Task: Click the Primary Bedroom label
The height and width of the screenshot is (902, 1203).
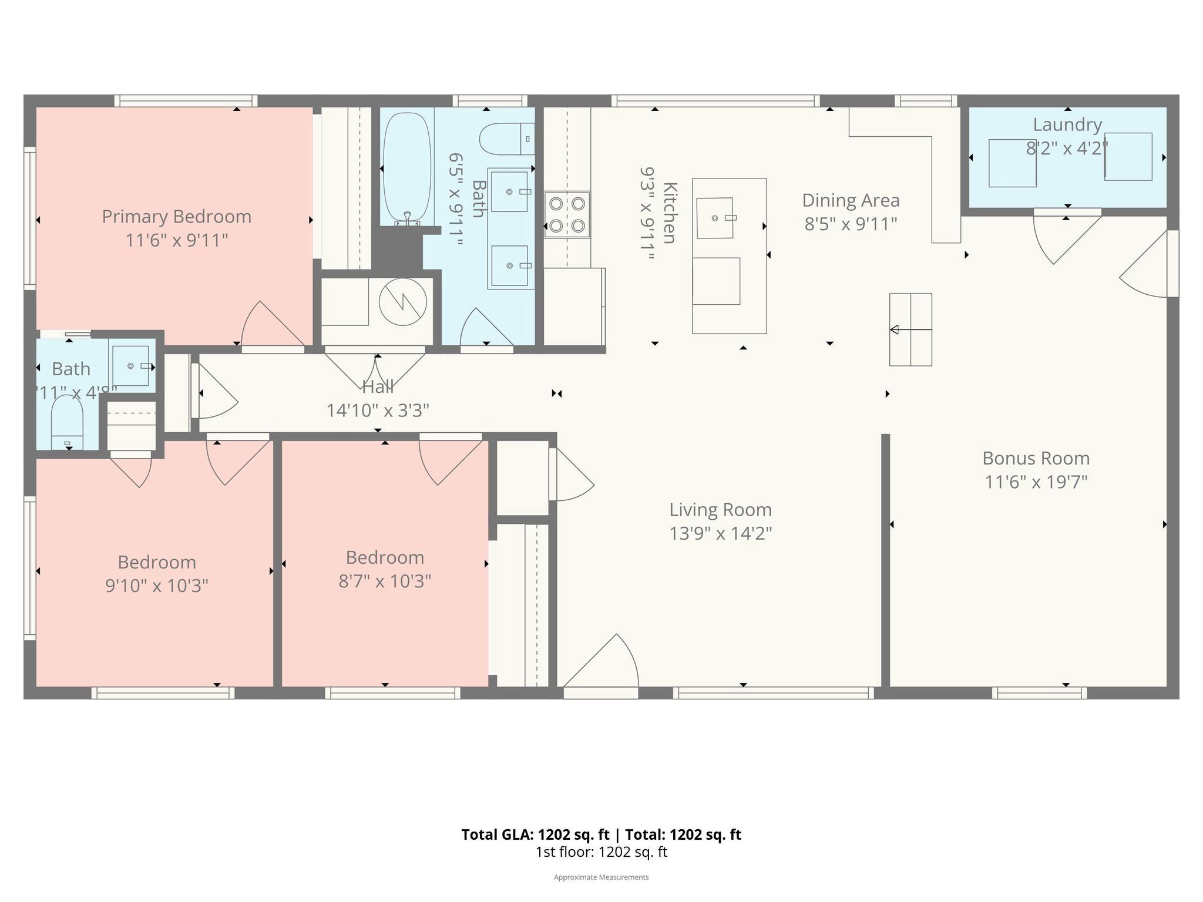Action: click(176, 217)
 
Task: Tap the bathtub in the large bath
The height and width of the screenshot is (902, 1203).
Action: click(406, 167)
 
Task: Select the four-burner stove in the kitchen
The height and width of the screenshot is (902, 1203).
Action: click(567, 214)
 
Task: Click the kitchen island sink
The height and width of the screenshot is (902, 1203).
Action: click(715, 218)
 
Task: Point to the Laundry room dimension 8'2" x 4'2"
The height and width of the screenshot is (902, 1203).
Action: click(1067, 149)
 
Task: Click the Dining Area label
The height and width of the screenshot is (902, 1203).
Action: click(851, 201)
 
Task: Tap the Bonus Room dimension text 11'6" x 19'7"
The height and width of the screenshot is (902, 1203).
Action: click(1036, 482)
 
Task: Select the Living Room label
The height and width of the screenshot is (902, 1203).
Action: click(720, 510)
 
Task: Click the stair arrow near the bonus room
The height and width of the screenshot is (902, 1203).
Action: click(910, 330)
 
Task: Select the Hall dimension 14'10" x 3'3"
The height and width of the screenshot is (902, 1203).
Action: click(378, 410)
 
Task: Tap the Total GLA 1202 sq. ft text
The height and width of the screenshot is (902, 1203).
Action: click(601, 834)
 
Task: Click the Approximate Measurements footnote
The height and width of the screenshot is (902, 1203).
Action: click(601, 877)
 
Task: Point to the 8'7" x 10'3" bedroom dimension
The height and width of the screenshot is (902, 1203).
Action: click(385, 581)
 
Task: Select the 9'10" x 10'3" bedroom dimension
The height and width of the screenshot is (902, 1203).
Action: click(157, 586)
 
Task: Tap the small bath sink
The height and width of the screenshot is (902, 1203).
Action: click(131, 366)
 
